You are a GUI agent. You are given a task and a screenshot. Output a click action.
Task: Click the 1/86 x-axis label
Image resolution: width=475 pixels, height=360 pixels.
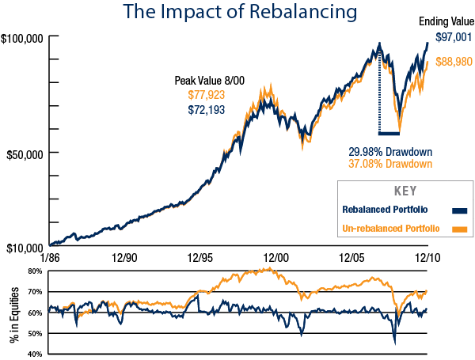tap(49, 259)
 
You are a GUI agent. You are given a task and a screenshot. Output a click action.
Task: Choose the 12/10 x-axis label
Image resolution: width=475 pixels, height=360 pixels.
tap(428, 259)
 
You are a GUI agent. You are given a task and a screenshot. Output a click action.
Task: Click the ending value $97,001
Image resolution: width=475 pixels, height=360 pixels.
tap(452, 37)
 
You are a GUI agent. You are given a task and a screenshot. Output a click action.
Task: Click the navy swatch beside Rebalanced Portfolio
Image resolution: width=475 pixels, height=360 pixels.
tap(458, 210)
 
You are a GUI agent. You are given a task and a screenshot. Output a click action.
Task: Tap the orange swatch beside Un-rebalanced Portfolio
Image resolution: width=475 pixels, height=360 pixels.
tap(458, 229)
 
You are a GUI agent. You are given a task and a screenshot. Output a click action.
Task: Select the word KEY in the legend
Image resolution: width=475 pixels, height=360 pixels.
tap(405, 191)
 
